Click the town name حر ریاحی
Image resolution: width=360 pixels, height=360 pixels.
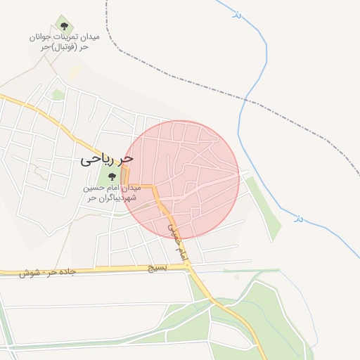coord(107,160)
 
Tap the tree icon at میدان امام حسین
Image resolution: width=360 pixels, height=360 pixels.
coord(112,176)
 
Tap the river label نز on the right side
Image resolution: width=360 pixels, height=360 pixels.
coord(298,219)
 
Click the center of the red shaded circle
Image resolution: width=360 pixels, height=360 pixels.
coord(186,179)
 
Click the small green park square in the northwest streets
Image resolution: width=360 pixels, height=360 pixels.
coord(58,94)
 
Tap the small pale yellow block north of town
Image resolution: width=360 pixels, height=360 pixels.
coord(74,73)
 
